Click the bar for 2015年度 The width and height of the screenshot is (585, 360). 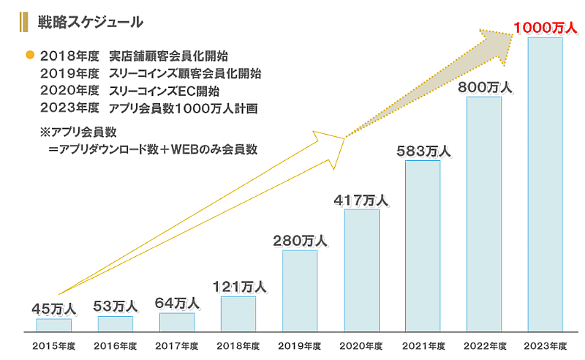[54, 325]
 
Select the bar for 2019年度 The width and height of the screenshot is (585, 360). [300, 290]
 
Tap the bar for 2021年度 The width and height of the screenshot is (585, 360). [423, 246]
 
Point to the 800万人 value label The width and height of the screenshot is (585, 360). [484, 87]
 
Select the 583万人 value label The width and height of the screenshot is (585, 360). [423, 151]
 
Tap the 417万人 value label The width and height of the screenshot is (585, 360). [361, 200]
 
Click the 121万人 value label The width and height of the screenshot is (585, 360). [239, 286]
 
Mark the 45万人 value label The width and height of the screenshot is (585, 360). [54, 308]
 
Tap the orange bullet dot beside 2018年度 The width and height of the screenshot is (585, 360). [30, 56]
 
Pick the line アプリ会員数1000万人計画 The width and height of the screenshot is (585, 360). [182, 109]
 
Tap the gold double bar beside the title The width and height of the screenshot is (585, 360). [25, 22]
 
